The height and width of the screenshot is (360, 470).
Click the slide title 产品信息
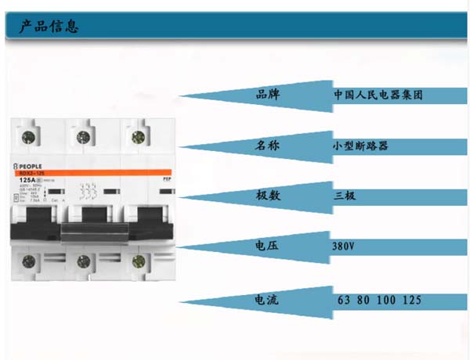tap(49, 27)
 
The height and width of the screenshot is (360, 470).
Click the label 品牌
tap(268, 95)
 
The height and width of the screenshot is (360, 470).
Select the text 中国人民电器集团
tap(378, 95)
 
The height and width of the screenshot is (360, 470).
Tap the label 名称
tap(268, 146)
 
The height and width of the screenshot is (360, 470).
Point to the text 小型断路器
tap(360, 146)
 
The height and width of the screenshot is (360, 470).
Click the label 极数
tap(268, 196)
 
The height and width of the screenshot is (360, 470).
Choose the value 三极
tap(345, 196)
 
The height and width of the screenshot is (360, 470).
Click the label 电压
tap(268, 247)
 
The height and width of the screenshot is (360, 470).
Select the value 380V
tap(344, 247)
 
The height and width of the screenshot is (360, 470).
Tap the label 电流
tap(268, 299)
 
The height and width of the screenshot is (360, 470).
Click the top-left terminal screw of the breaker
tap(24, 137)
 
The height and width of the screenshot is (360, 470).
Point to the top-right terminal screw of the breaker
tap(138, 137)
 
